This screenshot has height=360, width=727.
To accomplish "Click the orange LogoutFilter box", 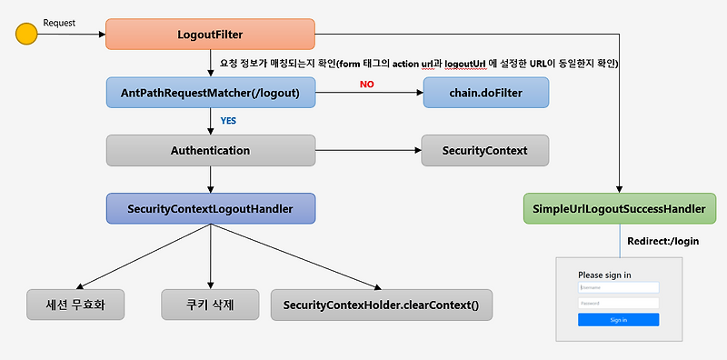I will click(210, 35).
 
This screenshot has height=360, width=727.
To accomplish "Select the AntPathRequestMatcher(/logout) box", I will click(210, 92).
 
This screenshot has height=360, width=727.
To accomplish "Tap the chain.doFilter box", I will click(485, 92).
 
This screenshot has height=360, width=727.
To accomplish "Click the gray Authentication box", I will click(210, 150).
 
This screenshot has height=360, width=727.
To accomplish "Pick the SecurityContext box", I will click(485, 150).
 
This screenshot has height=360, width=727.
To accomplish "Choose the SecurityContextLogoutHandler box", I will click(210, 208).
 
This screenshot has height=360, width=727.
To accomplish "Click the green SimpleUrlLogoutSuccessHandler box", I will click(619, 209).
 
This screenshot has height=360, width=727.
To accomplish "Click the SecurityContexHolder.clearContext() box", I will click(381, 304).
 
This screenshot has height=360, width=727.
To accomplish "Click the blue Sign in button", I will click(618, 320).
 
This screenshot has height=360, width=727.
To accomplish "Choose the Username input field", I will click(618, 286).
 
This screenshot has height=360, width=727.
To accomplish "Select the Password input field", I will click(618, 301).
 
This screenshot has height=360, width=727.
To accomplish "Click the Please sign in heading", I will click(604, 274).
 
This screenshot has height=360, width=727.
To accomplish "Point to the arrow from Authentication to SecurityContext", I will click(367, 150).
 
